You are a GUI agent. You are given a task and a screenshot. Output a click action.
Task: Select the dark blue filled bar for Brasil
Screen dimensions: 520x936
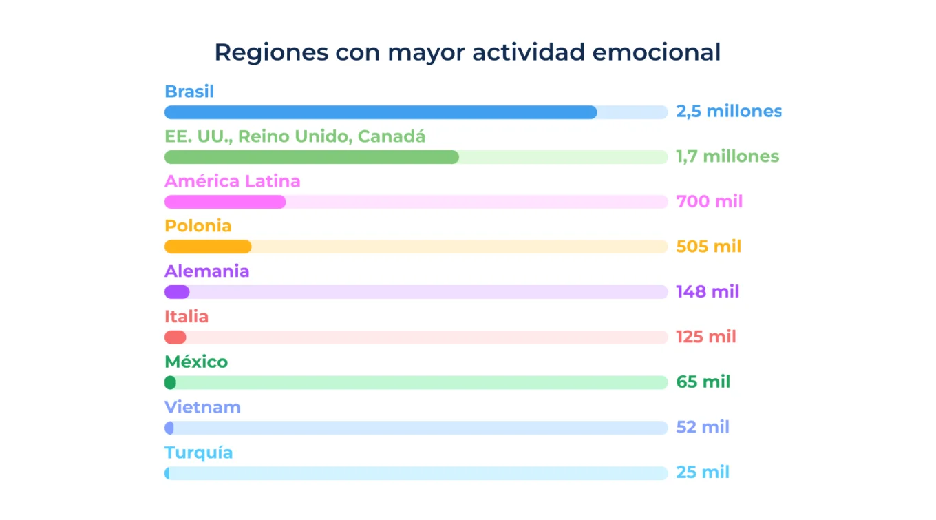pyautogui.click(x=381, y=112)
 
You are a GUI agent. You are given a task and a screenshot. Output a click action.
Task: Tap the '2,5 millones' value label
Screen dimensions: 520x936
pyautogui.click(x=729, y=112)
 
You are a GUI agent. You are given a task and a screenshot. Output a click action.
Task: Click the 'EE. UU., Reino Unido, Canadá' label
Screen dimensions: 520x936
pyautogui.click(x=295, y=136)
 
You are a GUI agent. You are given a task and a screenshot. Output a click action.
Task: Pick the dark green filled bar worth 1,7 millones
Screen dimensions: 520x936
pyautogui.click(x=311, y=157)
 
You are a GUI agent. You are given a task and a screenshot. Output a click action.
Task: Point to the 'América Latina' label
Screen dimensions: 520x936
pyautogui.click(x=232, y=182)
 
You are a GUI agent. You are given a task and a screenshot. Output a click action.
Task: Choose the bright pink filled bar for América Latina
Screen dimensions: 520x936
pyautogui.click(x=225, y=202)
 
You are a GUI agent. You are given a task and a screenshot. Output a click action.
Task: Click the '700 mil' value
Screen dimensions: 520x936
pyautogui.click(x=710, y=202)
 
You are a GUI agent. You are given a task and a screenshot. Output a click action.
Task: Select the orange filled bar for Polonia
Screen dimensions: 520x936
pyautogui.click(x=208, y=247)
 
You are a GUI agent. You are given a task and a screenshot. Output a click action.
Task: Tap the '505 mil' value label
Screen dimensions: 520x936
pyautogui.click(x=709, y=247)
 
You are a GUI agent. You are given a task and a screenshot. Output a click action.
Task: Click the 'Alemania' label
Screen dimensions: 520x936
pyautogui.click(x=206, y=271)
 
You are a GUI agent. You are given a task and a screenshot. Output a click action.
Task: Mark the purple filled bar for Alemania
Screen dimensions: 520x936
pyautogui.click(x=177, y=292)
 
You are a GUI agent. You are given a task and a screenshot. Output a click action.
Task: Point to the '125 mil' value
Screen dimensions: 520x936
pyautogui.click(x=706, y=337)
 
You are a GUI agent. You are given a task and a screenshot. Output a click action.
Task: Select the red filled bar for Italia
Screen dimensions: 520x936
pyautogui.click(x=175, y=337)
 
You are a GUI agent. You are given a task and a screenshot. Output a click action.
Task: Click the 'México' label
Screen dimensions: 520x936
pyautogui.click(x=196, y=362)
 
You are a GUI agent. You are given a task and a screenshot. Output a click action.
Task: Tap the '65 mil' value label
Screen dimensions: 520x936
pyautogui.click(x=703, y=382)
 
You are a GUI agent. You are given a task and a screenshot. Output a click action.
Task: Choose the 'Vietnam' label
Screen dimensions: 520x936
pyautogui.click(x=202, y=407)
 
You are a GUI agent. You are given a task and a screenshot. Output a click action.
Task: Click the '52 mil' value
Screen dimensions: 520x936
pyautogui.click(x=703, y=427)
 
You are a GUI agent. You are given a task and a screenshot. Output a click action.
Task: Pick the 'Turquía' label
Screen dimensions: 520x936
pyautogui.click(x=198, y=453)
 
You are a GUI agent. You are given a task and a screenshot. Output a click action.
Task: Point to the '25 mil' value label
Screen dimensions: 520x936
pyautogui.click(x=703, y=472)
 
